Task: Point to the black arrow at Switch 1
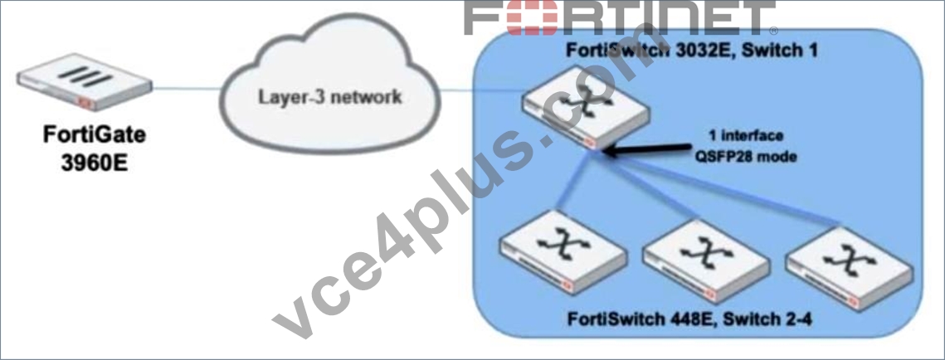(647, 149)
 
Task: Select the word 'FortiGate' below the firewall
(94, 136)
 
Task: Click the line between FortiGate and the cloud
(186, 90)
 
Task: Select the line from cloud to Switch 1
(481, 91)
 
